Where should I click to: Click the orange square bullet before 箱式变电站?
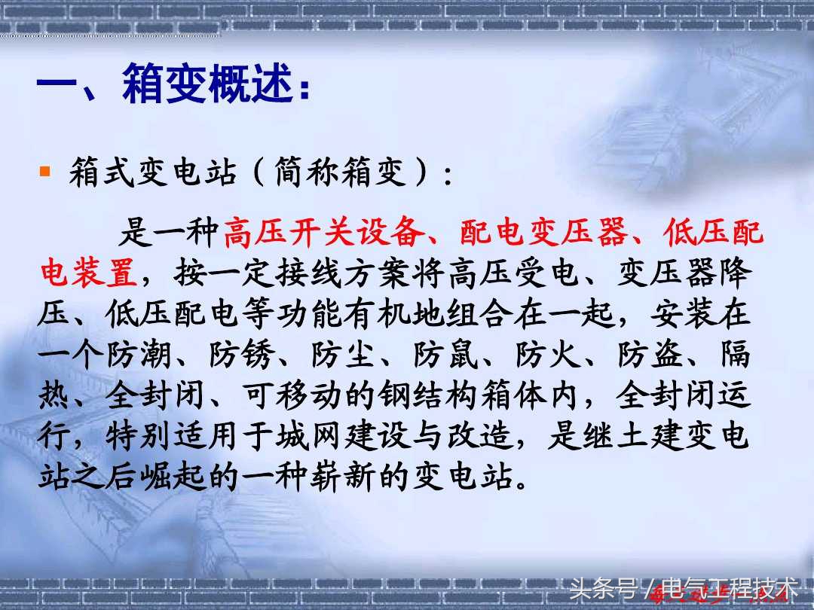coord(45,172)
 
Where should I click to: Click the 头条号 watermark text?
coord(598,587)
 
